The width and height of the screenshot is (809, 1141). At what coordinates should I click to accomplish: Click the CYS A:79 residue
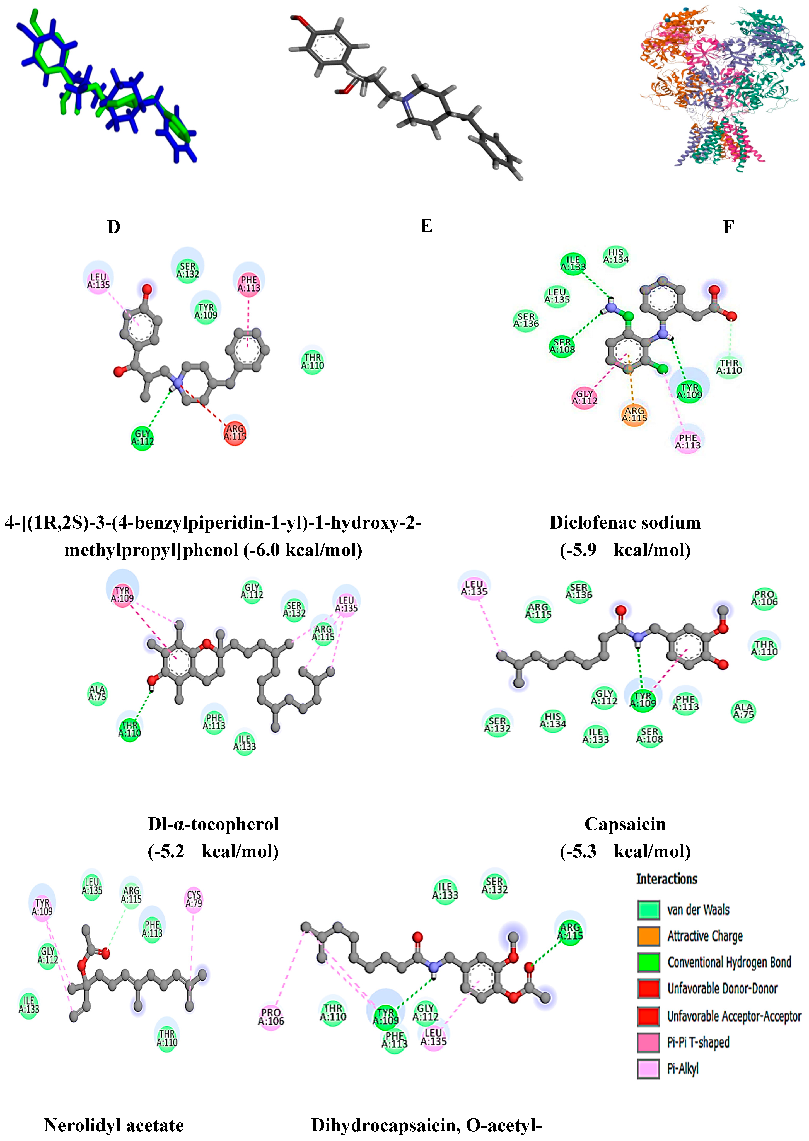(194, 899)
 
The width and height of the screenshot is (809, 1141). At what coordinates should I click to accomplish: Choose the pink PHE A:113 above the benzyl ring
(249, 284)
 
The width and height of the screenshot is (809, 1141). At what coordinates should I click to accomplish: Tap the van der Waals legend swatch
(649, 909)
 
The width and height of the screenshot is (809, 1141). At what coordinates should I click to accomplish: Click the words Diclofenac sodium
(625, 522)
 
